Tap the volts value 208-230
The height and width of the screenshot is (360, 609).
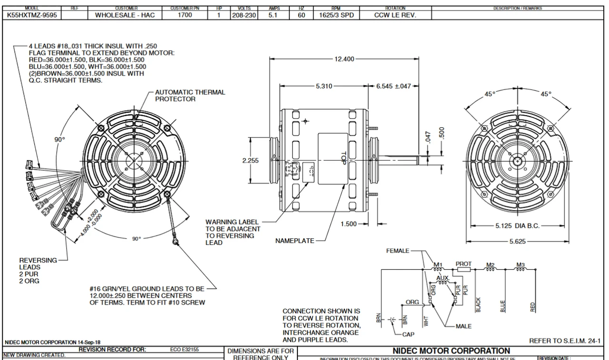point(244,15)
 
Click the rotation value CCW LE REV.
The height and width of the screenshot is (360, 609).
point(395,15)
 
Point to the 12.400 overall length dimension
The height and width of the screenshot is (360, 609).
point(344,58)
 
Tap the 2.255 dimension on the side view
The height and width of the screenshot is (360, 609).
point(251,161)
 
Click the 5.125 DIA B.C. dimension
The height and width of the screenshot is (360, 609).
point(517,225)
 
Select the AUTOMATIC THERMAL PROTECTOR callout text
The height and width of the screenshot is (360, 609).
point(190,96)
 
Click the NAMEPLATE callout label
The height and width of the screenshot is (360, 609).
point(295,241)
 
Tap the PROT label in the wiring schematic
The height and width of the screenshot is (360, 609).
point(463,263)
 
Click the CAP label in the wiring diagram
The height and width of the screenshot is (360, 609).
point(409,334)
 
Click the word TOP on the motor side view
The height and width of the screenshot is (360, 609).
point(343,158)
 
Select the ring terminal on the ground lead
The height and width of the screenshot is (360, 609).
point(176,242)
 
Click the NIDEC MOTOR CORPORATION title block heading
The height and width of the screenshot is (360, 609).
point(451,351)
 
